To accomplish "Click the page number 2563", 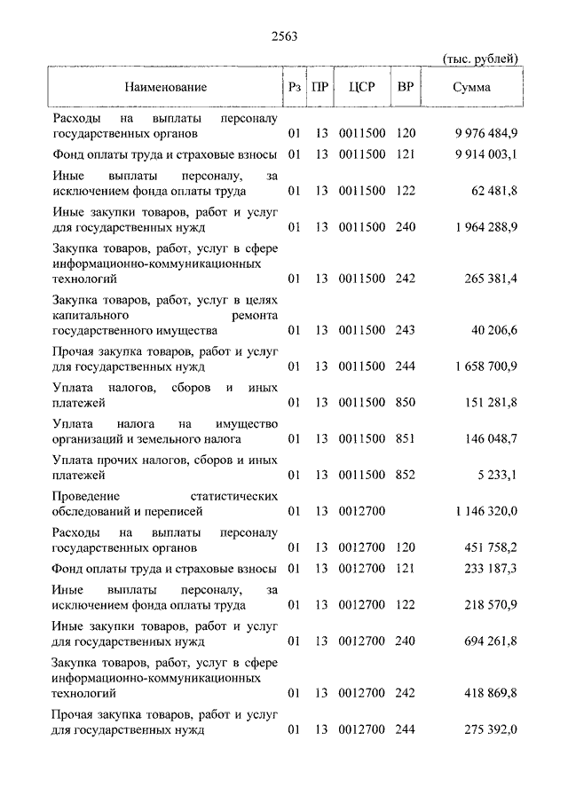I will pyautogui.click(x=284, y=36).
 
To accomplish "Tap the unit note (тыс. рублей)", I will pyautogui.click(x=480, y=59).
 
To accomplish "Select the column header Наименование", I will pyautogui.click(x=166, y=87).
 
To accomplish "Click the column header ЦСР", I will pyautogui.click(x=363, y=87).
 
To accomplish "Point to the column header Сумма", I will pyautogui.click(x=471, y=87).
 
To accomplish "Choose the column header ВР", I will pyautogui.click(x=406, y=87).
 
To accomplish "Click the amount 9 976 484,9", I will pyautogui.click(x=485, y=134).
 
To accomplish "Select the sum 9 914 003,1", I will pyautogui.click(x=485, y=154).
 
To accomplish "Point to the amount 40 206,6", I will pyautogui.click(x=495, y=330).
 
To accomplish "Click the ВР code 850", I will pyautogui.click(x=406, y=403).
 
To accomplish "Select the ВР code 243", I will pyautogui.click(x=406, y=330).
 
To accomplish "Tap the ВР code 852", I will pyautogui.click(x=406, y=475).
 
